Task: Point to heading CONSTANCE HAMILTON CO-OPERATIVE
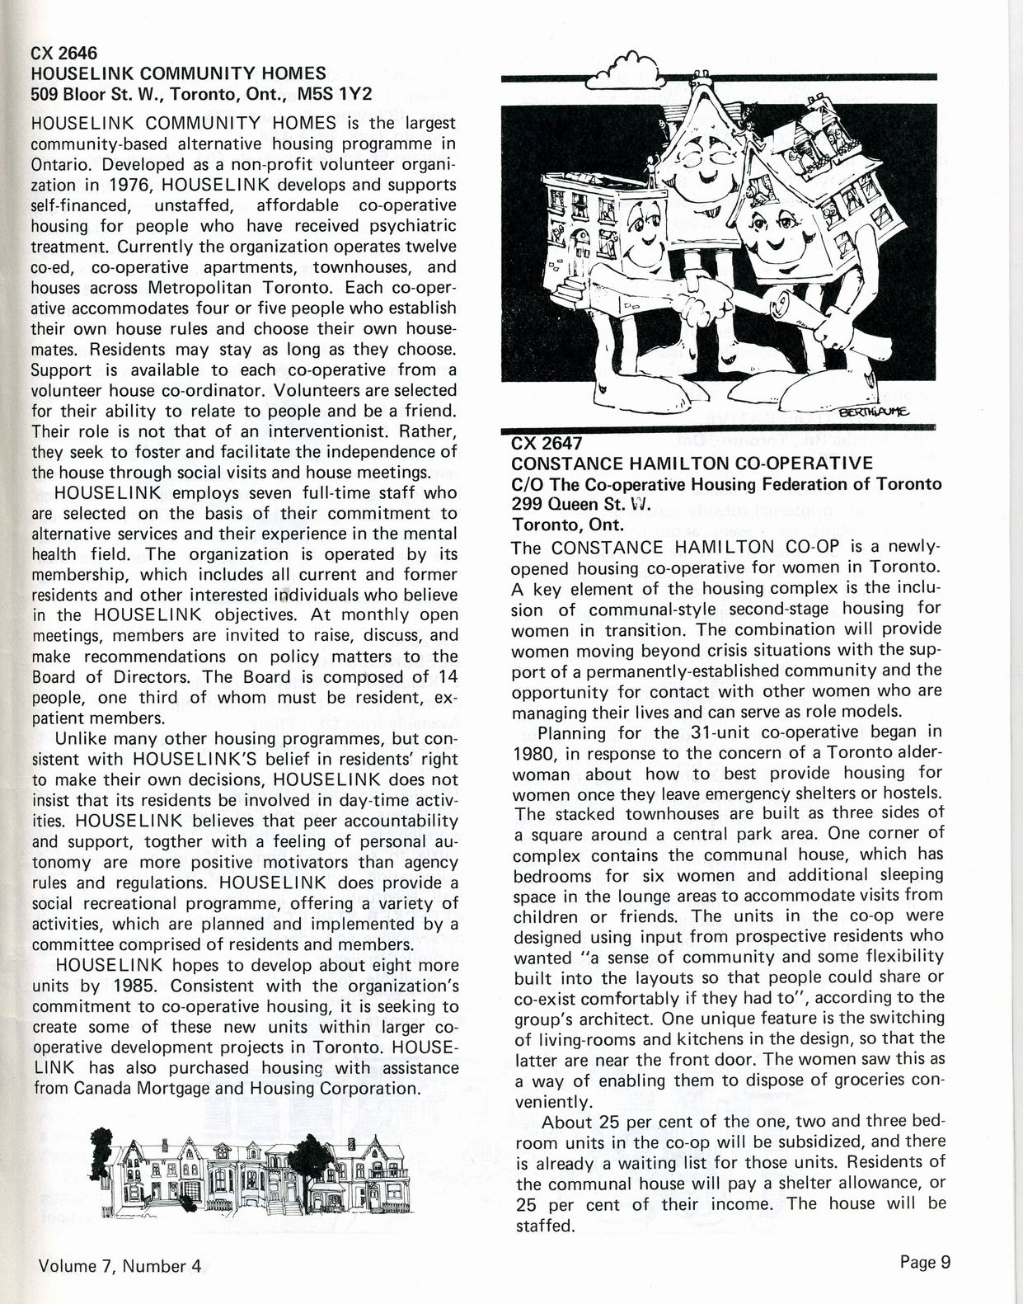(x=692, y=463)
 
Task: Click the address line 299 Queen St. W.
(x=581, y=504)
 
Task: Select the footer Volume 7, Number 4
(x=120, y=1266)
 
